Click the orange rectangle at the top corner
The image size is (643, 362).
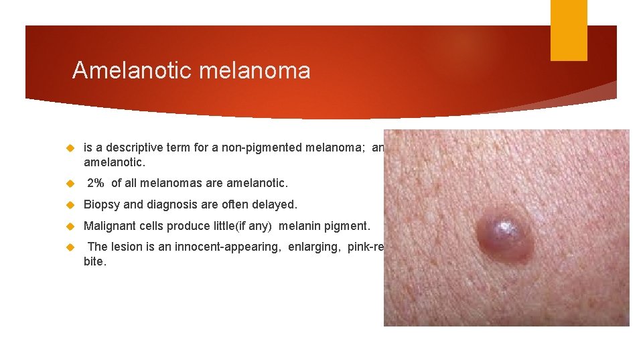click(x=569, y=30)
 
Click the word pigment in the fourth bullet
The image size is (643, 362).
click(x=348, y=226)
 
